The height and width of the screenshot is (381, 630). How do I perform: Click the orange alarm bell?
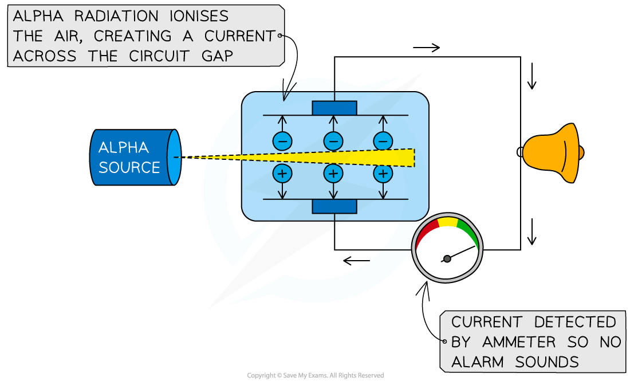551,153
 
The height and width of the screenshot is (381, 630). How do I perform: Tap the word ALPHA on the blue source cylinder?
124,148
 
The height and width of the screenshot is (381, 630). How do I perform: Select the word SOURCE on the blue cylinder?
129,167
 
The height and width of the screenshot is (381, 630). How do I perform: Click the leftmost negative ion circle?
282,140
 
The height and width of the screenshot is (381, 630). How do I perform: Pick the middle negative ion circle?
333,140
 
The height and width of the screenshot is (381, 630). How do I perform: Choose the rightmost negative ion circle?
383,140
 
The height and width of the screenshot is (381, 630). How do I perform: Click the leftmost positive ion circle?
282,173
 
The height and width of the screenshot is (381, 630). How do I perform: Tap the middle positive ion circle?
333,173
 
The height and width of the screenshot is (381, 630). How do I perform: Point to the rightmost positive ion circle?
383,173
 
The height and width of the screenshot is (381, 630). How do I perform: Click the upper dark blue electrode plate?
334,108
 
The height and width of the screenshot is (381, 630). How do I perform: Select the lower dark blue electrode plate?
334,206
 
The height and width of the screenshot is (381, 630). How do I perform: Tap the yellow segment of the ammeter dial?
448,221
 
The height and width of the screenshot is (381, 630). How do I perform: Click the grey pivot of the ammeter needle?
447,259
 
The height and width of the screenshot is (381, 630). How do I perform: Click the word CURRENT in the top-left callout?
238,36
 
